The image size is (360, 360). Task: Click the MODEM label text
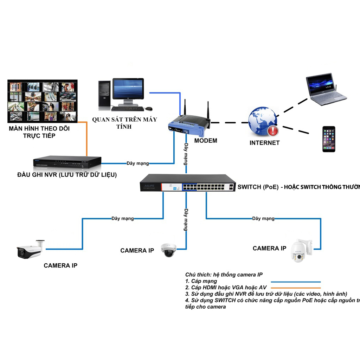[206, 141]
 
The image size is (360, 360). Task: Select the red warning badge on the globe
[273, 131]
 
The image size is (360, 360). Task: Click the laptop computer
[325, 90]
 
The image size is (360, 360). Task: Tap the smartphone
[329, 139]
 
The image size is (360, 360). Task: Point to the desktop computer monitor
[128, 90]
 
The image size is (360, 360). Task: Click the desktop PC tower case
[104, 94]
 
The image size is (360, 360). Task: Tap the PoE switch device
[188, 183]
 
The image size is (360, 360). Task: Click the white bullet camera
[30, 250]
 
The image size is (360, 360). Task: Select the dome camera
[168, 250]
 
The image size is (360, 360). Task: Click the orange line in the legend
[296, 288]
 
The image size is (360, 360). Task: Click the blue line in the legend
[296, 282]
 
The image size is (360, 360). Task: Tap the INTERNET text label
[264, 143]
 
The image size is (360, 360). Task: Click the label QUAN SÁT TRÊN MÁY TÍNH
[124, 123]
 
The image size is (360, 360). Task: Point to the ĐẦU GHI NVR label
[67, 175]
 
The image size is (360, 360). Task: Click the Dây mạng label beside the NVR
[137, 163]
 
